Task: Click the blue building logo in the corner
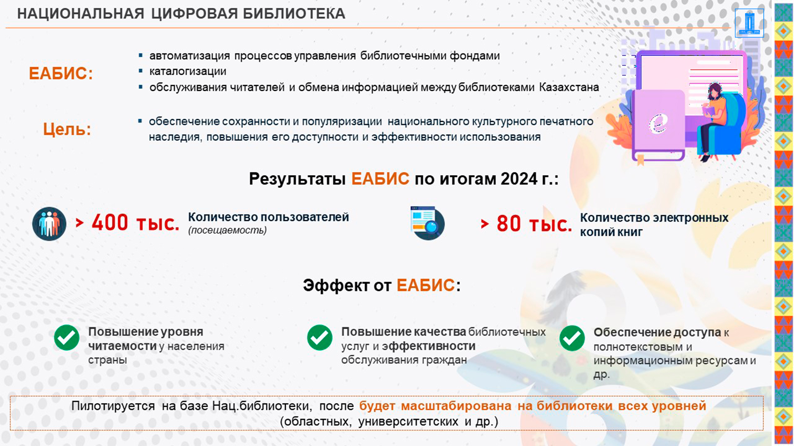tap(749, 23)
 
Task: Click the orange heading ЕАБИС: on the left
tap(61, 74)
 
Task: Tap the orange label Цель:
tap(67, 129)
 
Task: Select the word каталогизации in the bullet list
tap(188, 71)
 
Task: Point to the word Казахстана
tap(569, 87)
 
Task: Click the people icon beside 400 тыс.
tap(49, 223)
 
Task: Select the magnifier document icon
tap(428, 223)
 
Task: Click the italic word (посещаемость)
tap(227, 230)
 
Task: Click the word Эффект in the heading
tap(336, 285)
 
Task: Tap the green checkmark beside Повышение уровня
tap(67, 337)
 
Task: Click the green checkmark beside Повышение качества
tap(320, 337)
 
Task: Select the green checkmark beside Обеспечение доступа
tap(572, 338)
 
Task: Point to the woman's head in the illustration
tap(715, 90)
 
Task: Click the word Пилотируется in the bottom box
tap(113, 406)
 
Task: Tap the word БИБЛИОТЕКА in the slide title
tap(294, 14)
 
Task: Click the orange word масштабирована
tap(456, 406)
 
